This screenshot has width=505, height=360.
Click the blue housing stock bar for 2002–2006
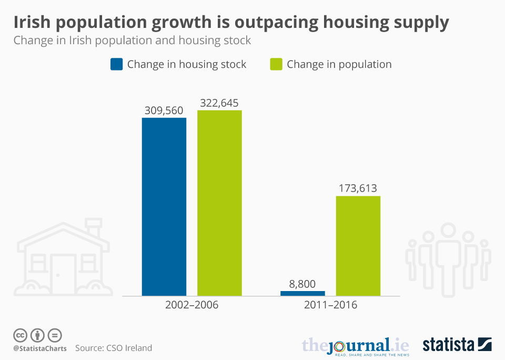pyautogui.click(x=164, y=206)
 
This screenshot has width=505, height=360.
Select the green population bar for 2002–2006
pyautogui.click(x=219, y=203)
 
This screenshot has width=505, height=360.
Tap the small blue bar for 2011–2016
pyautogui.click(x=303, y=293)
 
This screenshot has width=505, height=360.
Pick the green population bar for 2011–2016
pyautogui.click(x=358, y=245)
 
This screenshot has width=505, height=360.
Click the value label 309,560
pyautogui.click(x=164, y=111)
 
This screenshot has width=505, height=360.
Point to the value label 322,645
pyautogui.click(x=219, y=103)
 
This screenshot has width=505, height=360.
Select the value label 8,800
pyautogui.click(x=302, y=284)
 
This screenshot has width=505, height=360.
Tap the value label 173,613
pyautogui.click(x=358, y=188)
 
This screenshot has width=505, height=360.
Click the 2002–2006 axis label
pyautogui.click(x=191, y=305)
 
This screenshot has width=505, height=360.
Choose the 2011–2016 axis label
pyautogui.click(x=330, y=305)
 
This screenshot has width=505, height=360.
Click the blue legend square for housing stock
pyautogui.click(x=116, y=64)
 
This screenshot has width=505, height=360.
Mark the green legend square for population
pyautogui.click(x=276, y=64)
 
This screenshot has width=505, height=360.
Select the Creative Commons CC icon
pyautogui.click(x=20, y=335)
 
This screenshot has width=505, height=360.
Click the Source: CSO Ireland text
pyautogui.click(x=114, y=348)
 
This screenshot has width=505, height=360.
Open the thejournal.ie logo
pyautogui.click(x=355, y=345)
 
